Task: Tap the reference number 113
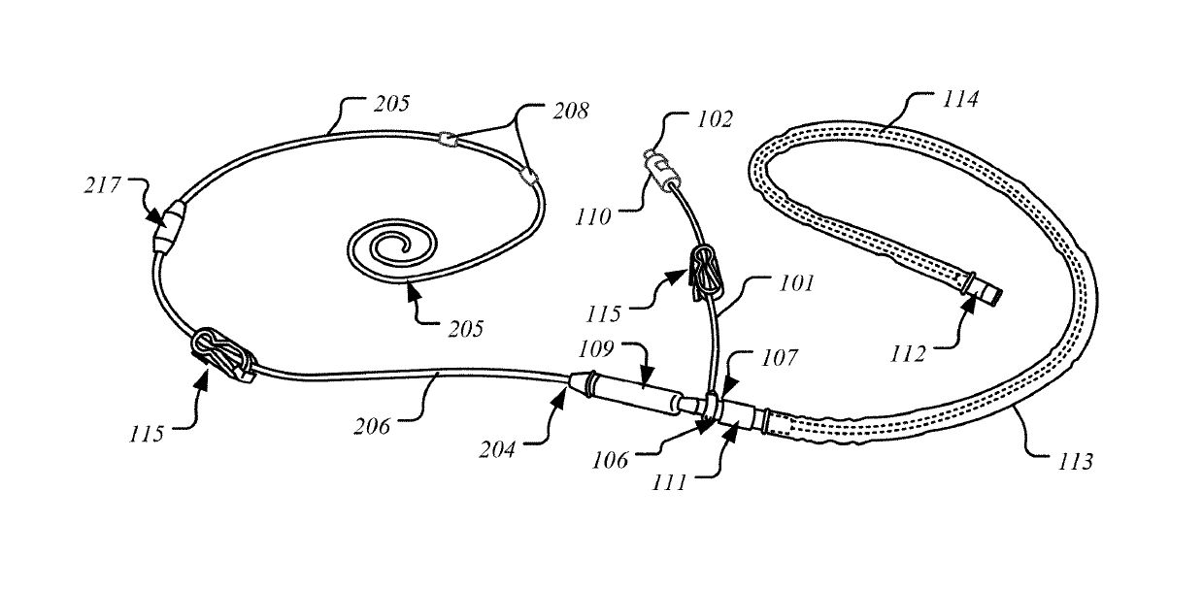[1073, 462]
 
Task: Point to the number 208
[570, 112]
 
